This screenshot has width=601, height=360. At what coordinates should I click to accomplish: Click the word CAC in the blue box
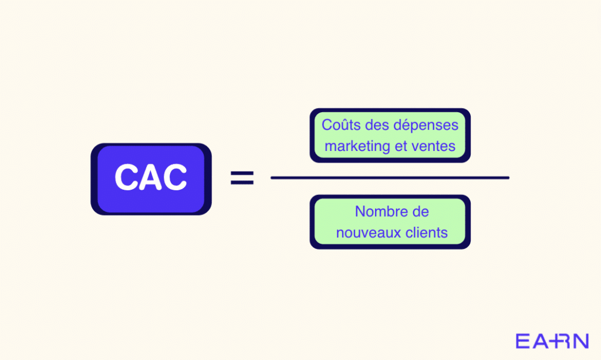pyautogui.click(x=151, y=177)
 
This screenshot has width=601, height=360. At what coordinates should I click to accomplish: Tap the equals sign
pyautogui.click(x=242, y=178)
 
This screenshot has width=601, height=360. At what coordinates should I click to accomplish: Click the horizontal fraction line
pyautogui.click(x=390, y=177)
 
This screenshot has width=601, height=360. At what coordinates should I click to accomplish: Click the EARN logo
pyautogui.click(x=552, y=341)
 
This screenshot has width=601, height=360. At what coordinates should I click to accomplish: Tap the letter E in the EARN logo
pyautogui.click(x=523, y=341)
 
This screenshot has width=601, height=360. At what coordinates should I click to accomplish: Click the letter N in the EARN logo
pyautogui.click(x=580, y=341)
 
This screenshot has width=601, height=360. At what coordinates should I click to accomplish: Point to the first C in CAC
pyautogui.click(x=126, y=177)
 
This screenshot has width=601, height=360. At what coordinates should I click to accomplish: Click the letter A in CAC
pyautogui.click(x=151, y=177)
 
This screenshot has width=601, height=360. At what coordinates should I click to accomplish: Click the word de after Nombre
pyautogui.click(x=420, y=211)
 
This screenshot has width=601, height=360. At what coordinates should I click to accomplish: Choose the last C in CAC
pyautogui.click(x=175, y=177)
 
